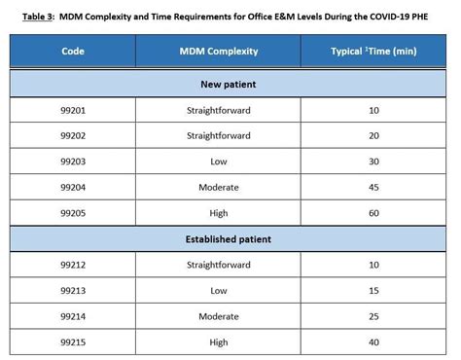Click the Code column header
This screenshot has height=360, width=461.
click(73, 50)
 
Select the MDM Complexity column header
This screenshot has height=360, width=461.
click(218, 50)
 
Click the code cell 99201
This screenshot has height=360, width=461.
click(73, 111)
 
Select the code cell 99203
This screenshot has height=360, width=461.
click(73, 162)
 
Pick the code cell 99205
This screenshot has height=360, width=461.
click(73, 212)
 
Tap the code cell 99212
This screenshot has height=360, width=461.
click(73, 265)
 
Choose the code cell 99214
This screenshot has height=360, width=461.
click(73, 316)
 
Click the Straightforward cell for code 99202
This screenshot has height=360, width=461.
click(218, 136)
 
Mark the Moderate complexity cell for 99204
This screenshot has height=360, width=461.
click(218, 187)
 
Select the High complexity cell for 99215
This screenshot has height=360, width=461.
click(218, 342)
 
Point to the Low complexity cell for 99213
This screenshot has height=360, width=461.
click(218, 290)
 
